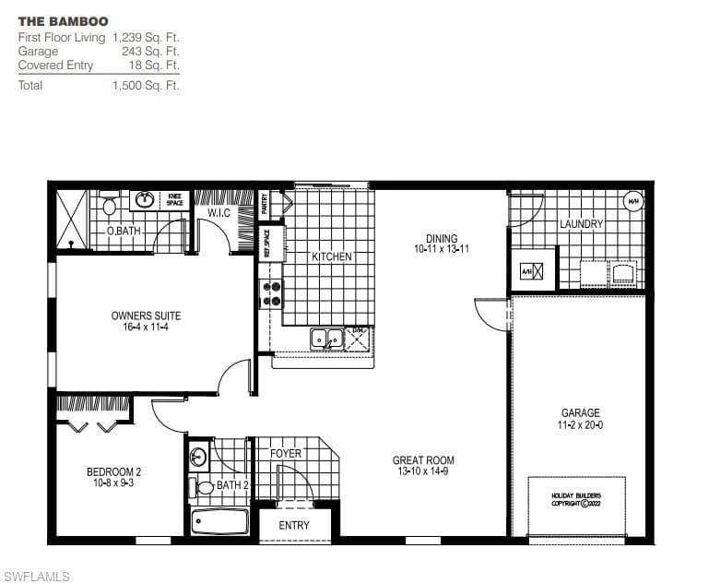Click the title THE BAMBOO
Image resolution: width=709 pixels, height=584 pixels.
tap(63, 21)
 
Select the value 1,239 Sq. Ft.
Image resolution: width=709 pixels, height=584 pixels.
tap(146, 38)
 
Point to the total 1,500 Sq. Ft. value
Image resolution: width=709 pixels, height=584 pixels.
tap(146, 86)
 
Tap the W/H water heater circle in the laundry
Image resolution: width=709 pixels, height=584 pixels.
tap(633, 201)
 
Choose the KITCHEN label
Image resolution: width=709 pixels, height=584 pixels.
tap(331, 256)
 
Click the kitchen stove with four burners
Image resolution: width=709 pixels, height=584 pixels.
tap(272, 293)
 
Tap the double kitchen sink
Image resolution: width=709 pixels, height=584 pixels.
tap(326, 339)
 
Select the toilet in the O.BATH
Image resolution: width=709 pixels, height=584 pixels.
tap(110, 205)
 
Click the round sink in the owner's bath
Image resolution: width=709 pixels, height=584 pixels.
tap(145, 199)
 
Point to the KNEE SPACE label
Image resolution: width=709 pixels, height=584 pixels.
tap(174, 199)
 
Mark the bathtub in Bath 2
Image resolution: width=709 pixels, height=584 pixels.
tap(219, 522)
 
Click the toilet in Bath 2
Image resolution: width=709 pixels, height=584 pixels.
tap(204, 487)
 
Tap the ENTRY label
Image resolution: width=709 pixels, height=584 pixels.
tap(294, 526)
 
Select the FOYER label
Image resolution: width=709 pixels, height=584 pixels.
tap(286, 454)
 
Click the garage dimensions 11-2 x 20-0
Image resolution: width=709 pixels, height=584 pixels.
tap(581, 425)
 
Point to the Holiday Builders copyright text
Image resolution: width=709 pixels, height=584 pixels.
tap(575, 499)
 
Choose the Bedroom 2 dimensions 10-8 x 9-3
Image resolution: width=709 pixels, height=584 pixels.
tap(113, 483)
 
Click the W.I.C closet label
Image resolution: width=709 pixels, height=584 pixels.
tap(219, 213)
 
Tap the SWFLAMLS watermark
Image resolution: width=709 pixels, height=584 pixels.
tap(37, 577)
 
